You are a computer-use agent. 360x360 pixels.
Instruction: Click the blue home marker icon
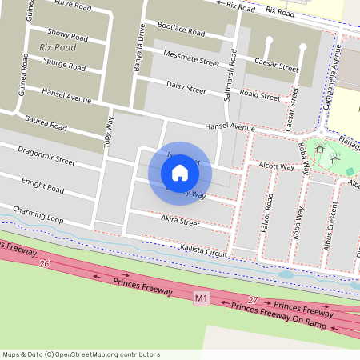click(x=180, y=173)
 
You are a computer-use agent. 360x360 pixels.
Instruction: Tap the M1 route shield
click(x=202, y=298)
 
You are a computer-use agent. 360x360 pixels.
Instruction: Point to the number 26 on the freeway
click(x=44, y=264)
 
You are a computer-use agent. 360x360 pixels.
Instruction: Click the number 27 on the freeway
click(x=254, y=300)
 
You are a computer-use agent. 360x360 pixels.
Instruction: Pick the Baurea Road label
click(x=46, y=125)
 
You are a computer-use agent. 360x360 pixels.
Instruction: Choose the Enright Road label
click(x=42, y=185)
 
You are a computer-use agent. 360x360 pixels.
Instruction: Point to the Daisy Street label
click(x=186, y=86)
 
